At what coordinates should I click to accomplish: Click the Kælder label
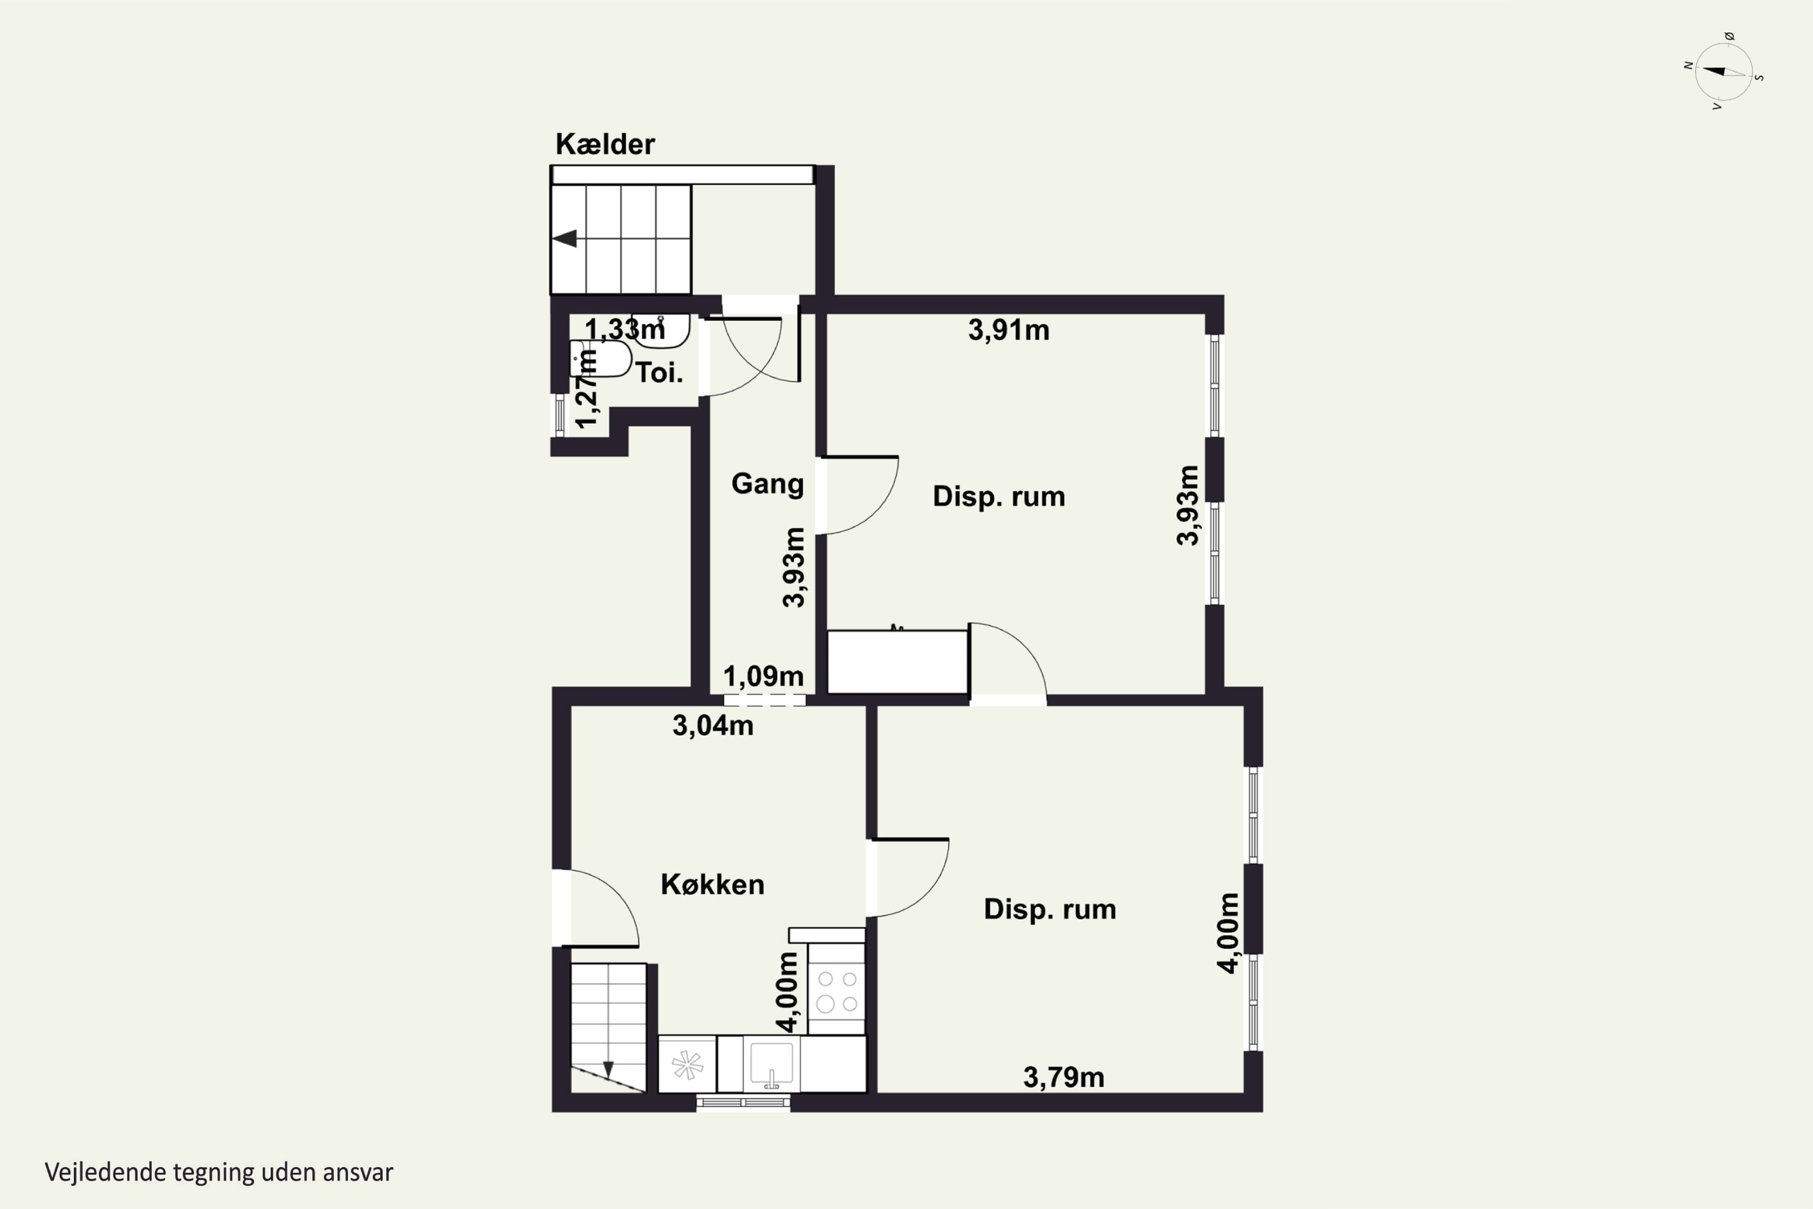click(x=605, y=144)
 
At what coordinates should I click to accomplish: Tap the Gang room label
click(x=767, y=484)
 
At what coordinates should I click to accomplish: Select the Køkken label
click(x=713, y=884)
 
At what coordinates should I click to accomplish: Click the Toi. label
click(x=659, y=373)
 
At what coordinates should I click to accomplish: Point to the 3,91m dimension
click(x=1008, y=330)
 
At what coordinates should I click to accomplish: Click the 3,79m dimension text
click(x=1063, y=1077)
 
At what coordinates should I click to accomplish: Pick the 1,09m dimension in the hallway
click(x=763, y=676)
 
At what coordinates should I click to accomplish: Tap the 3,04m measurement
click(x=713, y=725)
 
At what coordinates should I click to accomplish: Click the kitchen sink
click(x=772, y=1065)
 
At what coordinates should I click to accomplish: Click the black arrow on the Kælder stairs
click(x=565, y=238)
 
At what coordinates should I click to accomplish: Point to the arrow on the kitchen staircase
click(x=608, y=1069)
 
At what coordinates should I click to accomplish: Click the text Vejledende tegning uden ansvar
click(x=219, y=1173)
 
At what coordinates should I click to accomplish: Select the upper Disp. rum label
click(x=999, y=496)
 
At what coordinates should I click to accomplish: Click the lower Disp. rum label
click(x=1050, y=910)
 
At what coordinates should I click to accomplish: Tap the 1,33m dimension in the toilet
click(x=624, y=329)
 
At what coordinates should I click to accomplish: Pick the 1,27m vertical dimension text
click(x=587, y=389)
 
